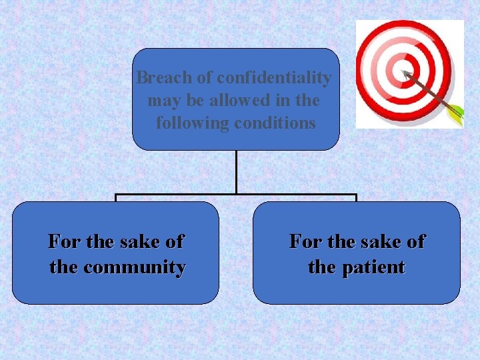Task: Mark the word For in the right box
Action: point(305,241)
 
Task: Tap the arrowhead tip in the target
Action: point(405,71)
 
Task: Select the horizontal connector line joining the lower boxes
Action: point(236,195)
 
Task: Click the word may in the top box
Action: point(162,101)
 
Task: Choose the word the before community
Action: point(63,267)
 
